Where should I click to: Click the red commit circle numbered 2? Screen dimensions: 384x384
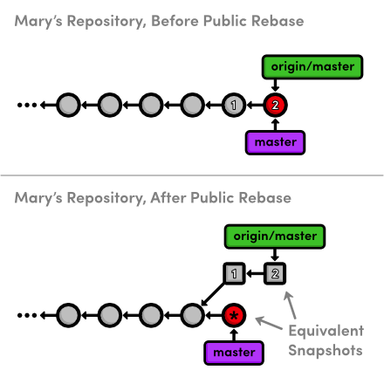pos(275,105)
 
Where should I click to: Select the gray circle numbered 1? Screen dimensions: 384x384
pos(234,105)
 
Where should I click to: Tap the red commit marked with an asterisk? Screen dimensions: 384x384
pos(234,315)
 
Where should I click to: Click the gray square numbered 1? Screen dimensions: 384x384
pos(234,273)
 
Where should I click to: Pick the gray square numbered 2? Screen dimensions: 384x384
pos(275,273)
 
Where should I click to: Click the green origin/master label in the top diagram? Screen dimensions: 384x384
pos(312,67)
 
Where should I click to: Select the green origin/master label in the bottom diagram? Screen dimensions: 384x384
pos(275,237)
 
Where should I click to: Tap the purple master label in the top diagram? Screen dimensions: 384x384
pos(275,142)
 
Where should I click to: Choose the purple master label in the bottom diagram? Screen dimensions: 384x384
pos(234,353)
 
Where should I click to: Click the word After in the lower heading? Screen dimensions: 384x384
pos(168,198)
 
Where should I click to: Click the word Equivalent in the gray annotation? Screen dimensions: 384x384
pos(326,331)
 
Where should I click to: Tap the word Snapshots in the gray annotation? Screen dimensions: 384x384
pos(326,350)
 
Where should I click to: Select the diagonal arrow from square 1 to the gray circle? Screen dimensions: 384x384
pos(213,294)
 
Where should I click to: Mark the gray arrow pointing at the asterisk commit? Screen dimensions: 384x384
pos(269,323)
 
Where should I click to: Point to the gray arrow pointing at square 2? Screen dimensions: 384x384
pos(290,305)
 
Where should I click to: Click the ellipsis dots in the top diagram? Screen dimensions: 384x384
pos(27,105)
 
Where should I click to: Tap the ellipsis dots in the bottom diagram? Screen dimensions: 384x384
pos(27,315)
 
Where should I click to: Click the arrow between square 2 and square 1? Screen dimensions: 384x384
pos(255,273)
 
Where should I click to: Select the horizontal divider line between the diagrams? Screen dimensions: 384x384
pos(192,175)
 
